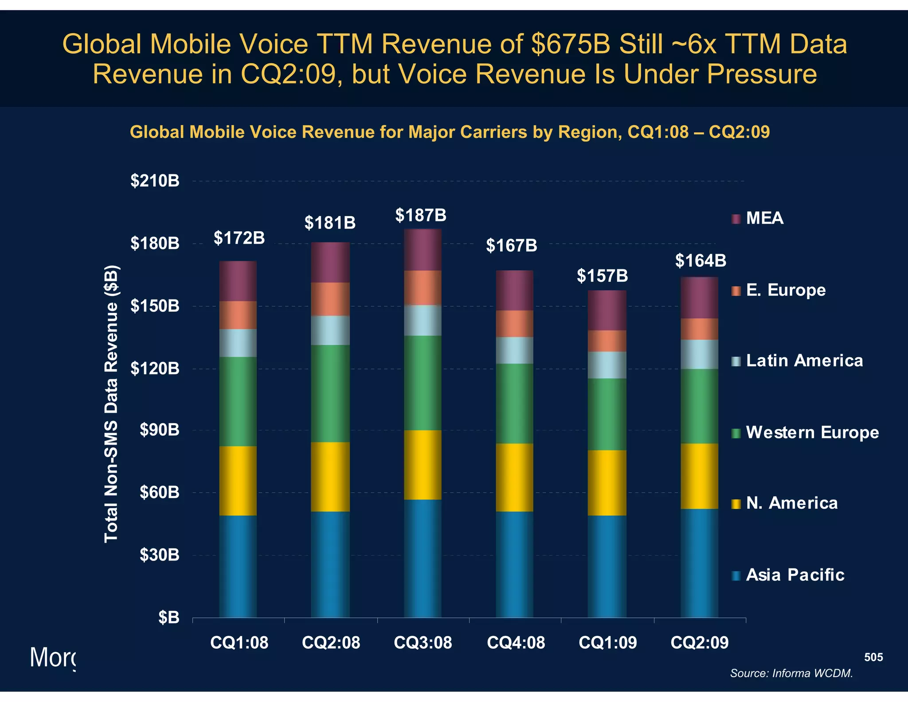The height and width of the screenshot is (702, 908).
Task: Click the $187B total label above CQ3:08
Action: (x=421, y=216)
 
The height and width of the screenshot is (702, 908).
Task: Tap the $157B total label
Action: (x=602, y=276)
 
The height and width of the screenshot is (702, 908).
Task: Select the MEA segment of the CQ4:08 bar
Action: (x=514, y=290)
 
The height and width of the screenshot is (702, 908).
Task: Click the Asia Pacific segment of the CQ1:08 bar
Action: (x=238, y=566)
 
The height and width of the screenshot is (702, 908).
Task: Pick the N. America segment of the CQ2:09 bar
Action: (x=699, y=476)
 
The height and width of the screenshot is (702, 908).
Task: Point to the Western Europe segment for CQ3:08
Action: (x=422, y=383)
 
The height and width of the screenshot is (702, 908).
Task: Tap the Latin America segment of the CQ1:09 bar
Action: (x=607, y=365)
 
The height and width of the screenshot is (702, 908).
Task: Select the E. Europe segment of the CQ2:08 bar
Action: (x=330, y=299)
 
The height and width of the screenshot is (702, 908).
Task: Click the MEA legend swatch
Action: (x=736, y=219)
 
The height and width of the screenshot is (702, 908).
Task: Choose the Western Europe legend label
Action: (x=812, y=433)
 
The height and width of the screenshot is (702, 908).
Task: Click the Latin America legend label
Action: (x=804, y=361)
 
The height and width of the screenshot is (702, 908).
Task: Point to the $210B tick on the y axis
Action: (x=155, y=181)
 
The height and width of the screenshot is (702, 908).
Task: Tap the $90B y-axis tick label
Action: (x=159, y=430)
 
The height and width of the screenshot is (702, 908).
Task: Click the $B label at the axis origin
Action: (x=168, y=617)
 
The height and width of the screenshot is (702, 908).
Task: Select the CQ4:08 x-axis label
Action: (x=516, y=643)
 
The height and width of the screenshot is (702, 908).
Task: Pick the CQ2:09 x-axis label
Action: (x=699, y=643)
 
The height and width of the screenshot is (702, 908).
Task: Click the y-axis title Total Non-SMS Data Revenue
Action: (x=111, y=404)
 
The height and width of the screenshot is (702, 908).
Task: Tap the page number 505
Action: (x=873, y=657)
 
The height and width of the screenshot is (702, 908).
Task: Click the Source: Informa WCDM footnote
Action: (x=791, y=673)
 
